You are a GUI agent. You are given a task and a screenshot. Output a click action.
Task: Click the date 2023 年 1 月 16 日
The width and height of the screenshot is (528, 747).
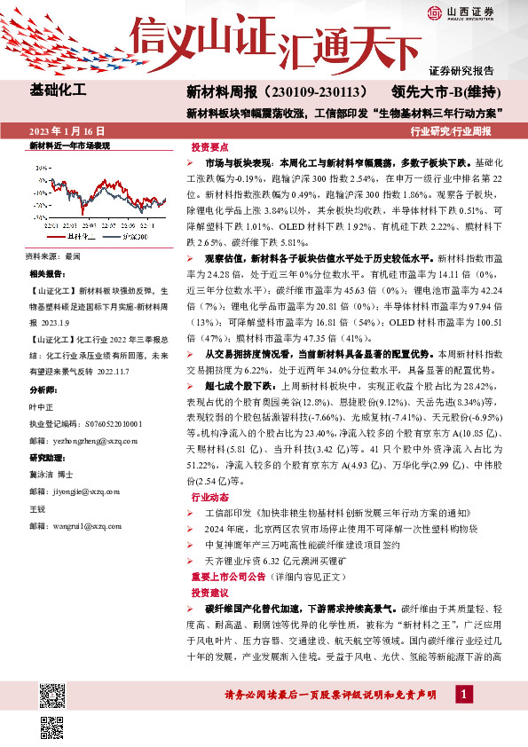coord(68,131)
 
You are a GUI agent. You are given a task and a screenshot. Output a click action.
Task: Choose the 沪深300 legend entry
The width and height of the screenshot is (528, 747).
coord(132,237)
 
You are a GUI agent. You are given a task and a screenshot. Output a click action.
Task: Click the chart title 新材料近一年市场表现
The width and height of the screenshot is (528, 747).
coord(69,145)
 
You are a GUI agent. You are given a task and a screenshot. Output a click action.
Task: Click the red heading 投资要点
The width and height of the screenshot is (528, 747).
coord(209,148)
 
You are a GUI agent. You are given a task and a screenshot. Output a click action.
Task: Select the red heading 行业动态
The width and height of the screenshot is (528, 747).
coord(209,499)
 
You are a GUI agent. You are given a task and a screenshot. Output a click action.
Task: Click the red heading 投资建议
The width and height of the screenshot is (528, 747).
coord(209,592)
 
